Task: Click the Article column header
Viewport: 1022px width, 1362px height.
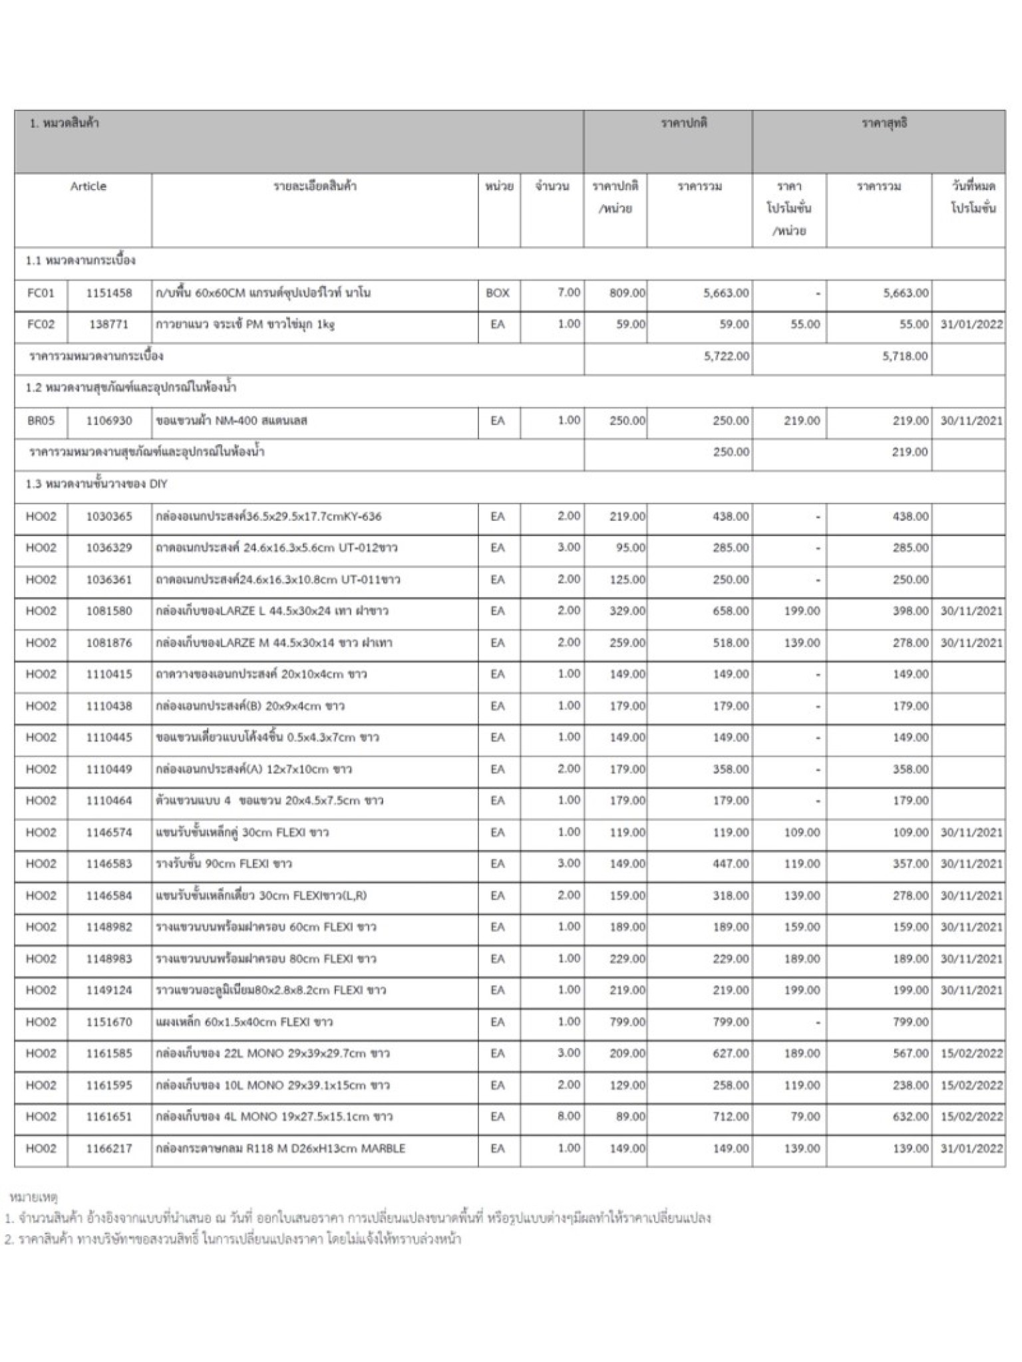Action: [88, 187]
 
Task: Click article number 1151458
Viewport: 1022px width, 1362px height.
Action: [109, 293]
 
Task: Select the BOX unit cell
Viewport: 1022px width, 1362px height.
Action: [498, 293]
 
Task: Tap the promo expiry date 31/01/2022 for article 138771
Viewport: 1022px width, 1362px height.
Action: [971, 325]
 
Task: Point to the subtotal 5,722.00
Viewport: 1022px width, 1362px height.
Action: [726, 356]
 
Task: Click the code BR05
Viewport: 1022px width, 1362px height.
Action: [41, 421]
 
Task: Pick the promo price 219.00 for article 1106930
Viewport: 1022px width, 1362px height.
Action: [802, 421]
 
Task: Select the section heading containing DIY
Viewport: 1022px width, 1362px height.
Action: [96, 484]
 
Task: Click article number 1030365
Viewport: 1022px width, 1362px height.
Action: [109, 517]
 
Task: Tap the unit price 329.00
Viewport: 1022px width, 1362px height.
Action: [627, 611]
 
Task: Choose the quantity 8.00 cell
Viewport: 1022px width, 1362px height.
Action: [568, 1117]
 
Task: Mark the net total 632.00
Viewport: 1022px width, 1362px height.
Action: [910, 1117]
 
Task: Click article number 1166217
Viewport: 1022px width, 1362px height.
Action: [109, 1149]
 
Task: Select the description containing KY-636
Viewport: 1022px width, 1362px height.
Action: [269, 517]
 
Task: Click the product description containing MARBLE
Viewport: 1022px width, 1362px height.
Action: [280, 1149]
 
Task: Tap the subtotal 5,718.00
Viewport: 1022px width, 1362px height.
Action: [905, 356]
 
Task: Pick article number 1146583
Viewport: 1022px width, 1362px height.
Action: [109, 864]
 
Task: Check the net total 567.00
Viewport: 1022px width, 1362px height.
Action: [910, 1053]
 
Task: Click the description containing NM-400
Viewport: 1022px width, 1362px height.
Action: [232, 421]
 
